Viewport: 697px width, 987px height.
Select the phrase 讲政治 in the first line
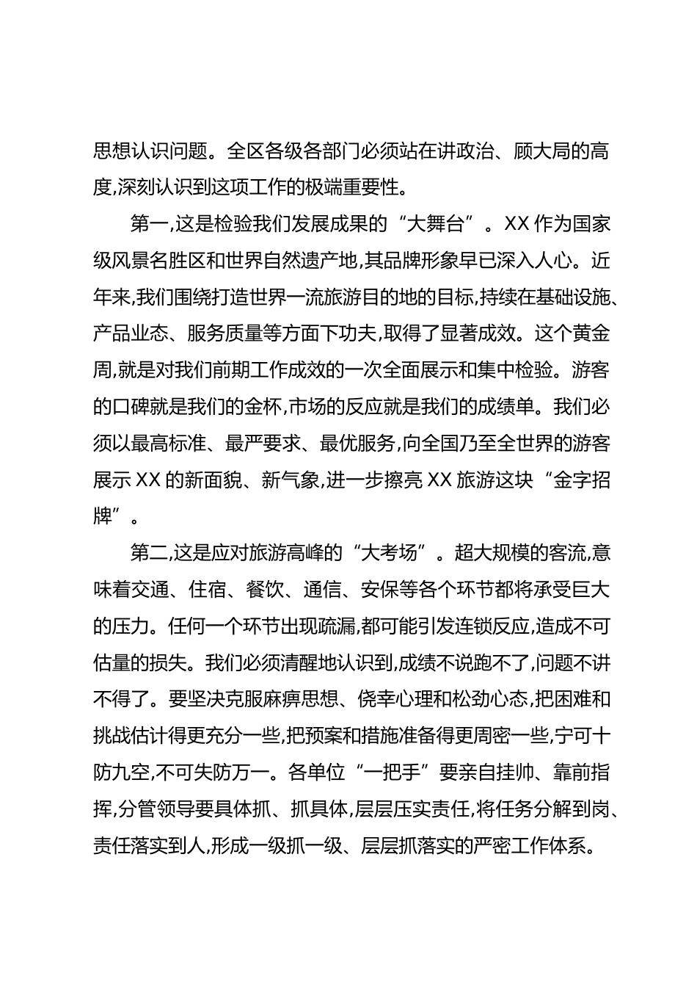point(452,151)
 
